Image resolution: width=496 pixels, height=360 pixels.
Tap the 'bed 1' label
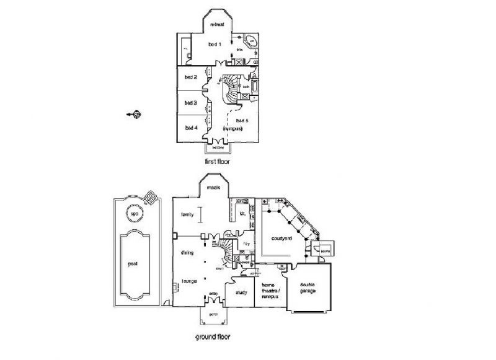[215, 45]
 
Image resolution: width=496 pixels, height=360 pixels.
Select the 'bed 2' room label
[191, 77]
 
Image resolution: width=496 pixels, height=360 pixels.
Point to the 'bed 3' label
[191, 103]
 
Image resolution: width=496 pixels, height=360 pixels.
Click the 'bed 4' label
[191, 128]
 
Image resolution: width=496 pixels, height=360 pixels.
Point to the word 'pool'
[133, 262]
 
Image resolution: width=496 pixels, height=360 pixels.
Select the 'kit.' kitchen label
[242, 214]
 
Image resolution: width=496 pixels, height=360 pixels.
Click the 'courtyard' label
[281, 238]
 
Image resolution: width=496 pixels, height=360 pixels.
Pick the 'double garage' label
[312, 288]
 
